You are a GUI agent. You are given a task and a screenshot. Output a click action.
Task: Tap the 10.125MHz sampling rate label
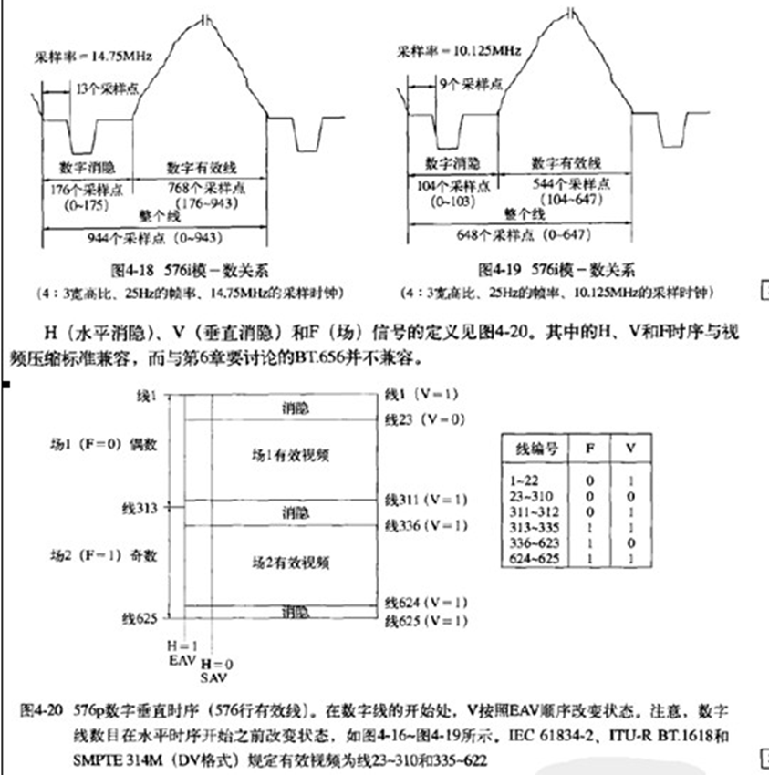pyautogui.click(x=461, y=50)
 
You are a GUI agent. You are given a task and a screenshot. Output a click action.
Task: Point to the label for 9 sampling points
pyautogui.click(x=470, y=83)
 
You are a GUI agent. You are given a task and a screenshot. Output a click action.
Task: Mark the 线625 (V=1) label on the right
pyautogui.click(x=425, y=622)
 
